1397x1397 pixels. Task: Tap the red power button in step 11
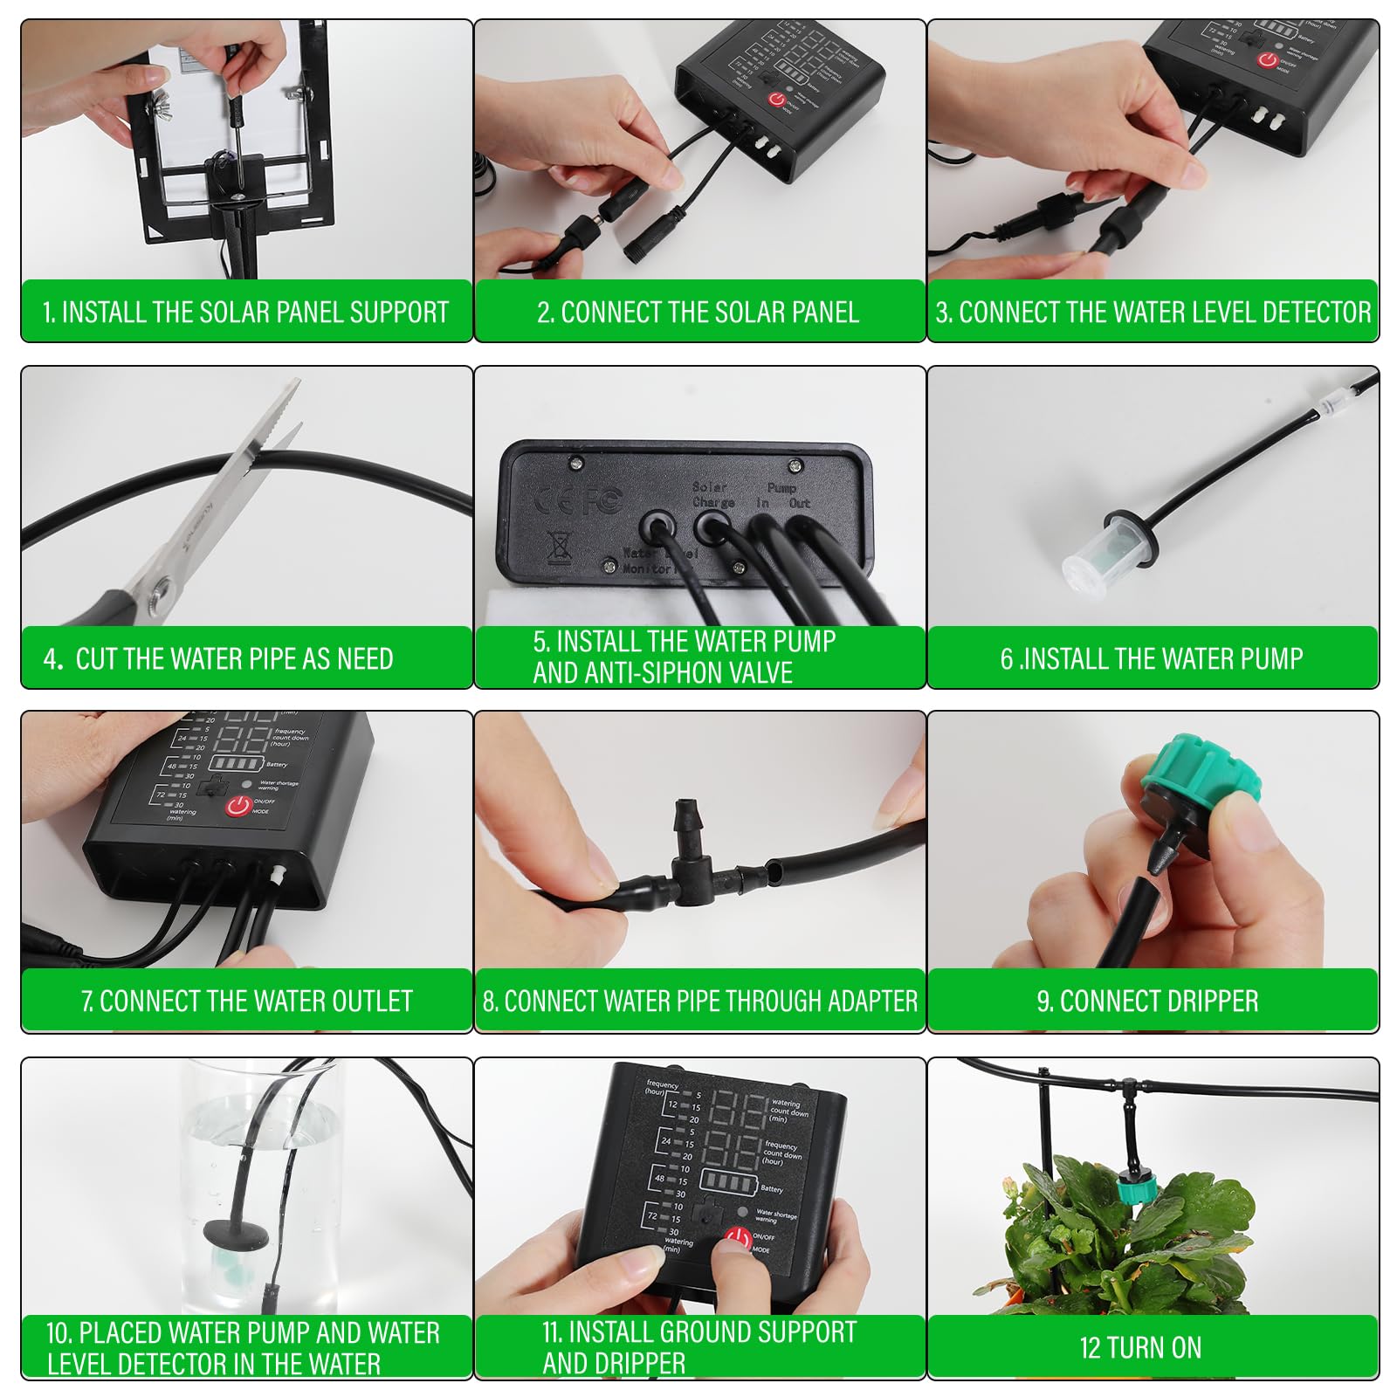point(739,1238)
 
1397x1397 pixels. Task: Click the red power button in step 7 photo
point(237,806)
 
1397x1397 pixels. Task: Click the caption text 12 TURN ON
point(1140,1347)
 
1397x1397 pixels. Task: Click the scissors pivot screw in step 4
point(160,597)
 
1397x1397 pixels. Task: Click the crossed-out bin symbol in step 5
point(559,547)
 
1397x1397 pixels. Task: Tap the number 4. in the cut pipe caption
point(53,658)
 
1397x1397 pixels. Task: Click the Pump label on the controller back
point(781,487)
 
